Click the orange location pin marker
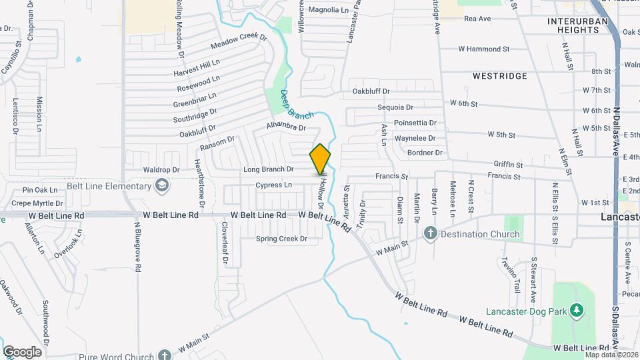click(320, 159)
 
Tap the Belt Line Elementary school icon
click(161, 185)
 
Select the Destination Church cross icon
click(431, 234)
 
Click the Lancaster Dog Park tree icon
click(577, 311)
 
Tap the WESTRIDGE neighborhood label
click(499, 76)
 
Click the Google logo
click(21, 351)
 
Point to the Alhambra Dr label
click(285, 127)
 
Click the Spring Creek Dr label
click(281, 239)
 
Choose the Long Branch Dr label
click(268, 170)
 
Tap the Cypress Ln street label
click(273, 185)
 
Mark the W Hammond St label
click(483, 49)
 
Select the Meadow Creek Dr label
click(238, 41)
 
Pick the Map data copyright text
click(611, 354)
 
